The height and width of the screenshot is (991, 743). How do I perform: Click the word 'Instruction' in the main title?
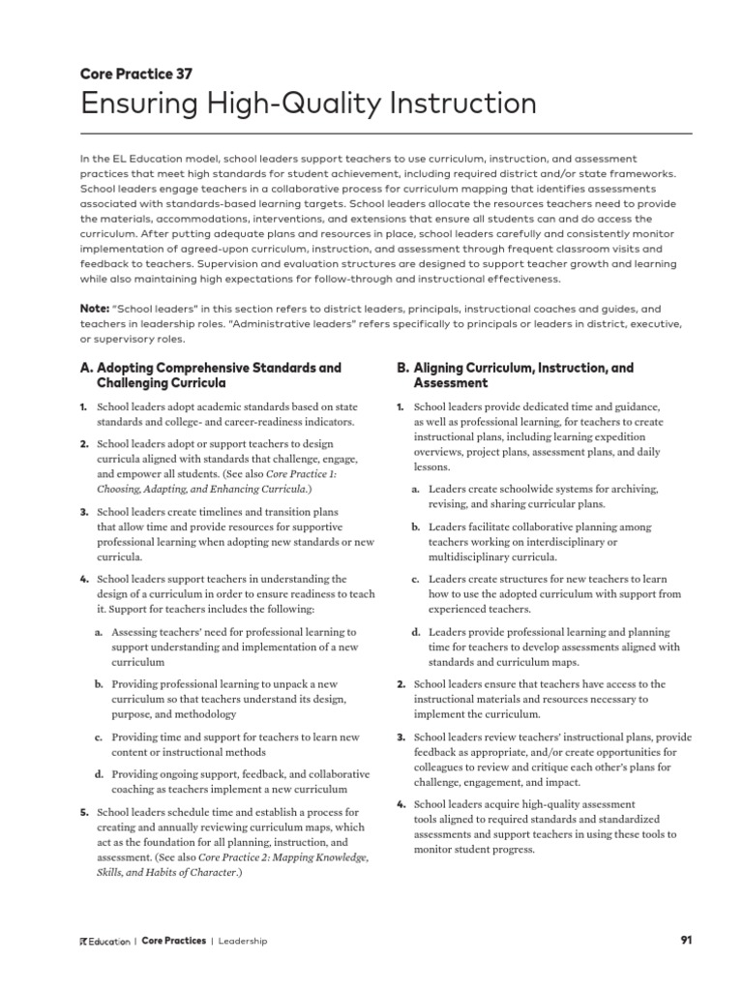pos(458,104)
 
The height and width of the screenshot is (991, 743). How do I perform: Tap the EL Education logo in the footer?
pos(103,942)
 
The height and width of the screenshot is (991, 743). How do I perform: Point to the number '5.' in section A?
pos(83,812)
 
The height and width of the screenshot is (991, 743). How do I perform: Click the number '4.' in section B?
pos(401,804)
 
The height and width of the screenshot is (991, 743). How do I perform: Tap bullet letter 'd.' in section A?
pos(99,774)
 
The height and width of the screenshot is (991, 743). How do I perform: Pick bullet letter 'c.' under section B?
pos(415,580)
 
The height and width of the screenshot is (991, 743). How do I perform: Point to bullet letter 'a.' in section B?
pos(415,489)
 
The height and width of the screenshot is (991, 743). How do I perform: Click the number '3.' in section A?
pos(83,511)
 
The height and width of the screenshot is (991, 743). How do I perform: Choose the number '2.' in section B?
pos(401,684)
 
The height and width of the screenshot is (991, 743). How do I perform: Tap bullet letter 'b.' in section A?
pos(99,683)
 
